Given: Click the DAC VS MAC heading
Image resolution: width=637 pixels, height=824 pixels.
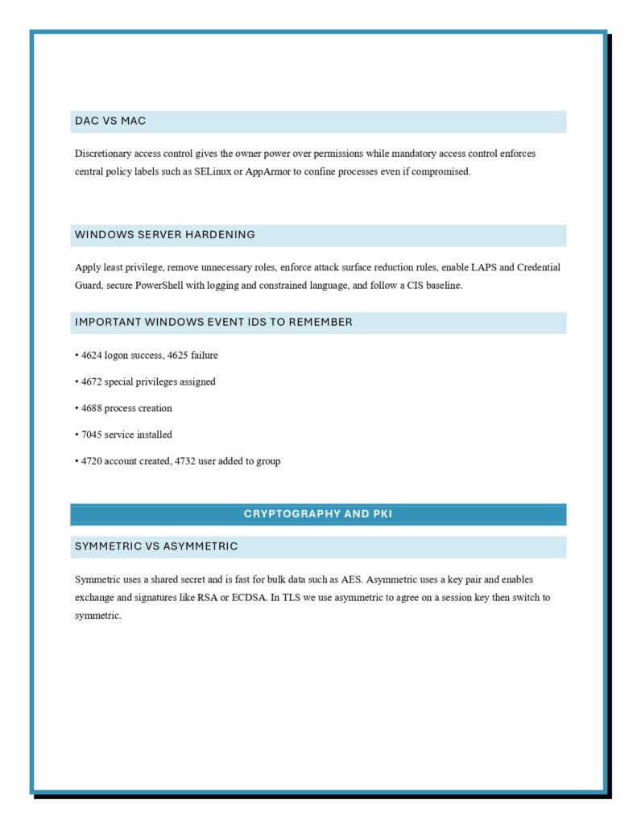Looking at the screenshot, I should pyautogui.click(x=110, y=121).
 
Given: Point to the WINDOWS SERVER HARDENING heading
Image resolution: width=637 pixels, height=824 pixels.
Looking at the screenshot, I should pyautogui.click(x=165, y=235).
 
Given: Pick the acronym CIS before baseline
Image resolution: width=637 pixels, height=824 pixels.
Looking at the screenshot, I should pyautogui.click(x=394, y=285).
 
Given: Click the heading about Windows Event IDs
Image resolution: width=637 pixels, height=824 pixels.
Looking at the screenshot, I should pyautogui.click(x=213, y=322).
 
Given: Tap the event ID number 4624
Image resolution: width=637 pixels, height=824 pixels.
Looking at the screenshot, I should pyautogui.click(x=92, y=355).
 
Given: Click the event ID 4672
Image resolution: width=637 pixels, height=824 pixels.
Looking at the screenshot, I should pyautogui.click(x=92, y=381).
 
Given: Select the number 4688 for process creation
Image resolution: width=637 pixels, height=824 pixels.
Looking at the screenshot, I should pyautogui.click(x=92, y=408).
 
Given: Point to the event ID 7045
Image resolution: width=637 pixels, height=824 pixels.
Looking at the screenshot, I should pyautogui.click(x=92, y=435).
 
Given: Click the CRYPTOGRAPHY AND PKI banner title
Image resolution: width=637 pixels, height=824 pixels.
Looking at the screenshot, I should pyautogui.click(x=318, y=513).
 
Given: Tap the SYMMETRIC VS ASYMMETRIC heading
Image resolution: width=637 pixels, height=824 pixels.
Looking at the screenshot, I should pyautogui.click(x=156, y=546).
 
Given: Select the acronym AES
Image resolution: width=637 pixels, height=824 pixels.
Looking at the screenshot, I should pyautogui.click(x=352, y=579).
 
